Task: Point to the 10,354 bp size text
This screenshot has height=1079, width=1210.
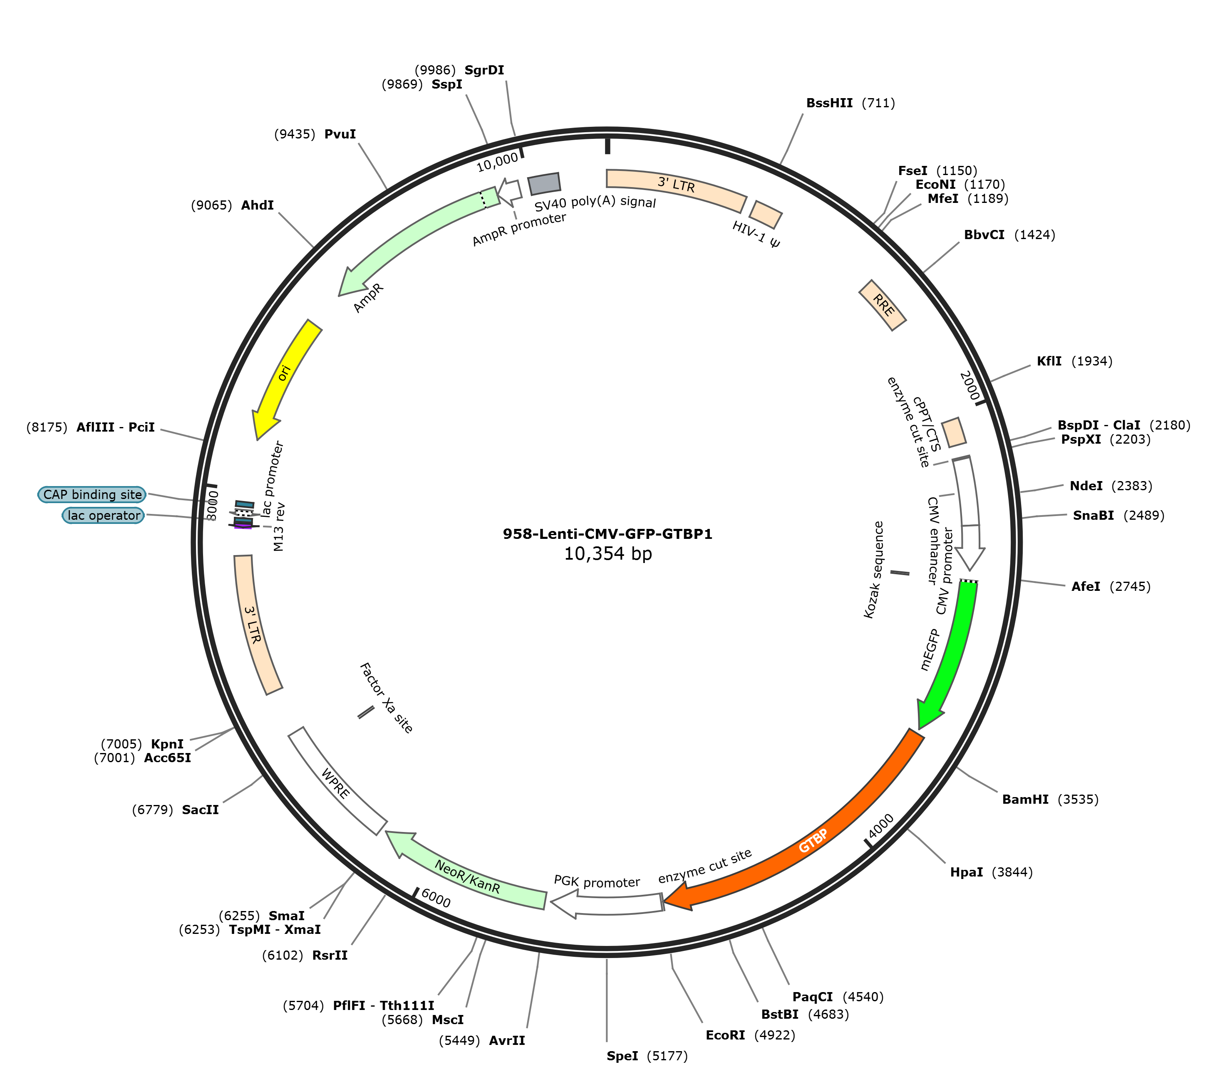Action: click(608, 554)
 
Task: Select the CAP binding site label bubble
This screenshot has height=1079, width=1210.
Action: click(92, 494)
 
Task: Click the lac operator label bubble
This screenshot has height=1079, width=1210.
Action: click(104, 515)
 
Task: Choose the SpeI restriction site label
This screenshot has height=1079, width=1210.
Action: click(622, 1056)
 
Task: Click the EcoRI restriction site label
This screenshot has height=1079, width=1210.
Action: click(725, 1035)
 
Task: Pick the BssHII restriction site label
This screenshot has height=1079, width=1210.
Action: click(829, 103)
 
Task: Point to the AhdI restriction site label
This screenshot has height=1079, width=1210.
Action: click(258, 205)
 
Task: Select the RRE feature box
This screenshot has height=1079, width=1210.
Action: click(883, 305)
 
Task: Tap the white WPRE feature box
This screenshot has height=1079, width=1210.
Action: click(337, 781)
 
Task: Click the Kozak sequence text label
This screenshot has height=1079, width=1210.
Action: click(874, 570)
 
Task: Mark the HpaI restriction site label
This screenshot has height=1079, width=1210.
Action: click(966, 872)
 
